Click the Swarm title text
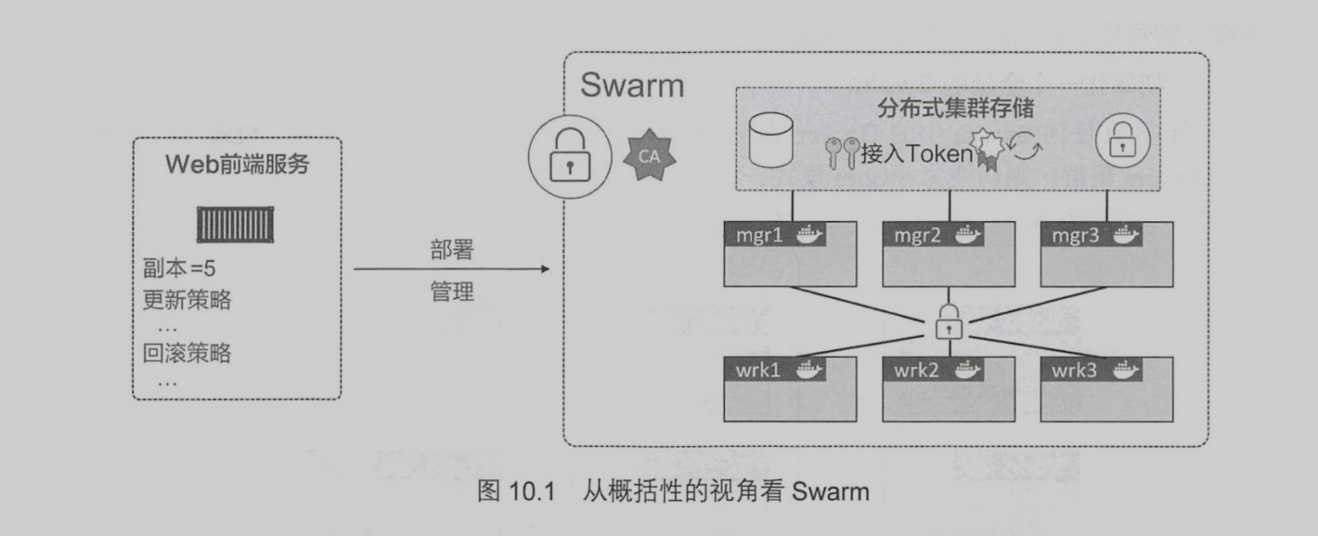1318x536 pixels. click(632, 86)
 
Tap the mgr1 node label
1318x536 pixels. click(753, 233)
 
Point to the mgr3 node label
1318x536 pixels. click(1075, 233)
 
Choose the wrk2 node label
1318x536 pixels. click(915, 369)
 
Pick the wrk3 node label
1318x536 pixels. click(1075, 369)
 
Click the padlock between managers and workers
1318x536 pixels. click(949, 320)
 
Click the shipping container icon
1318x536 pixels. click(237, 225)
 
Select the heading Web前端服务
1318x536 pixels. click(237, 167)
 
